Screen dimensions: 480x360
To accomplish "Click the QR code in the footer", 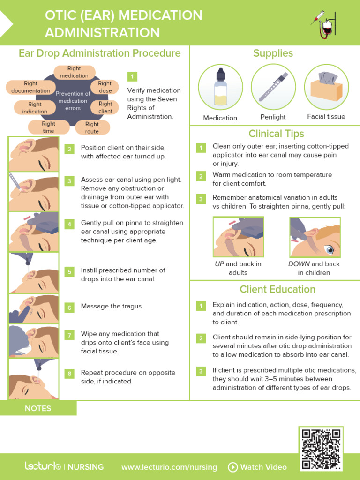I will click(321, 449).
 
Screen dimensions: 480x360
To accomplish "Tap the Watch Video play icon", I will click(232, 467).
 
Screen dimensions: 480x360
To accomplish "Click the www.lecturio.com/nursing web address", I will click(169, 467).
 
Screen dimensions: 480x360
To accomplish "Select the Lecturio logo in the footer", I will click(43, 466).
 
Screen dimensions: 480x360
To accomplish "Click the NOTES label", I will click(38, 408).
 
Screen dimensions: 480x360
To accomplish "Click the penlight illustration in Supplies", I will click(273, 87).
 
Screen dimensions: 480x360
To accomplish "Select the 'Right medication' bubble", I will click(74, 72).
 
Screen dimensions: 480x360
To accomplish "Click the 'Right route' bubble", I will click(92, 127).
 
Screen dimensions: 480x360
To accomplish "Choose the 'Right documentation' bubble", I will click(30, 87).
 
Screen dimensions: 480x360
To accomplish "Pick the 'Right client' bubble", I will click(105, 107).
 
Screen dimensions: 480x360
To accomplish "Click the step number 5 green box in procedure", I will click(69, 272).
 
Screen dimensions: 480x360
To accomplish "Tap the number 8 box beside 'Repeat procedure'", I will click(69, 374).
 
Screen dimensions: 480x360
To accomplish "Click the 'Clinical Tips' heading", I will click(276, 134).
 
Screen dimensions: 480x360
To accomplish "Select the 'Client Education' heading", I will click(277, 289).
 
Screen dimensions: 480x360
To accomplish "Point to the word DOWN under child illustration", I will click(299, 264).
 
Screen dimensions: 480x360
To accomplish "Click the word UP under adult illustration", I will click(219, 264).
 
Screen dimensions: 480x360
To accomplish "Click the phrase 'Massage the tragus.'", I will click(112, 306).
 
